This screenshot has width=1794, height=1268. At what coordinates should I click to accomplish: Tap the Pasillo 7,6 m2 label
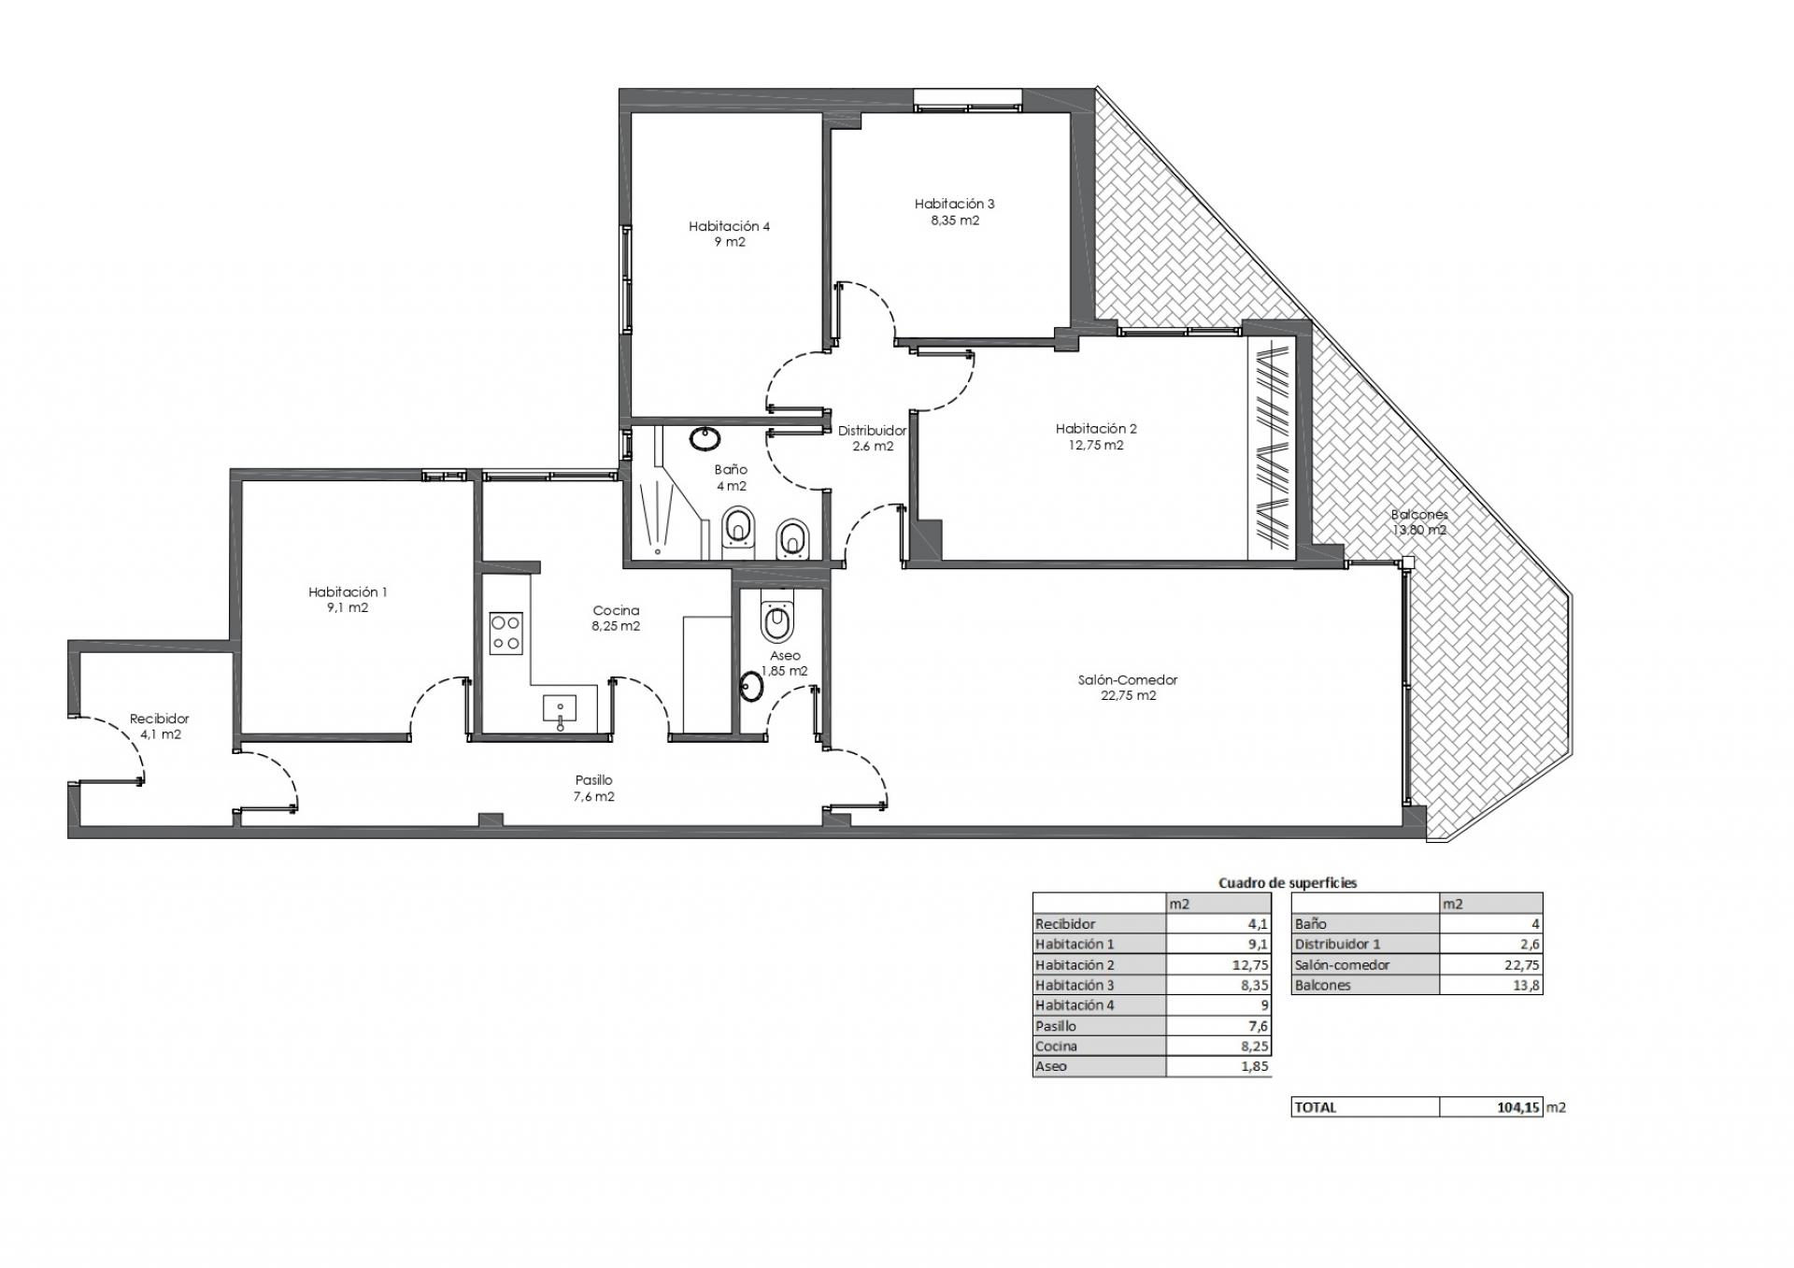tap(593, 789)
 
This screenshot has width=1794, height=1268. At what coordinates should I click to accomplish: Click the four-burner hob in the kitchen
tap(506, 633)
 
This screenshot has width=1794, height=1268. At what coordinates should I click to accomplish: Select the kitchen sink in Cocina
tap(560, 711)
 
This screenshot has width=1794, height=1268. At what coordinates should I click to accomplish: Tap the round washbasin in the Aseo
tap(751, 687)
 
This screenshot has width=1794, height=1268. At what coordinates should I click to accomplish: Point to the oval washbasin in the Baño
tap(705, 438)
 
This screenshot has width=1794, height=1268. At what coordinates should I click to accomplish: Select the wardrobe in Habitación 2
tap(1271, 448)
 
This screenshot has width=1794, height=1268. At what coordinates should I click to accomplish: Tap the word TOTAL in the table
tap(1316, 1107)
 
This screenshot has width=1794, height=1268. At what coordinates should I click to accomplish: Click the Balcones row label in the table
tap(1322, 985)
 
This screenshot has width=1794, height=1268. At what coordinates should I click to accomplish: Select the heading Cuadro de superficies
tap(1288, 882)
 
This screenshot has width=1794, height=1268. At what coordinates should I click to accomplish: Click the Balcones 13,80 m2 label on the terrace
tap(1418, 522)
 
